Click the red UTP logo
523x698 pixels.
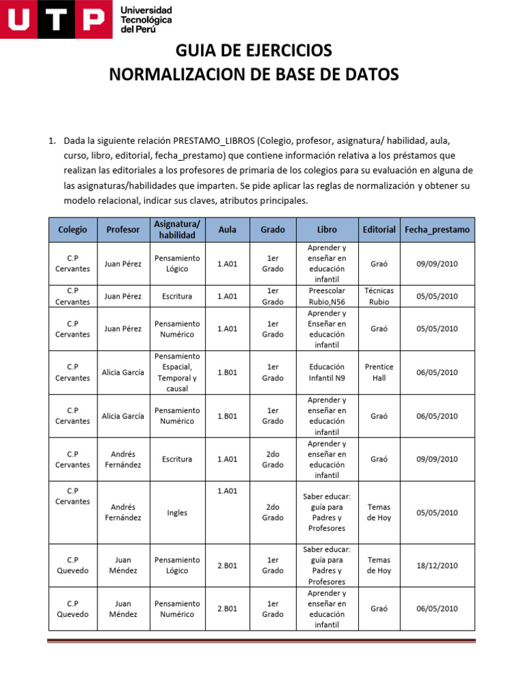point(56,20)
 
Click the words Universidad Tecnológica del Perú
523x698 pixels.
point(146,20)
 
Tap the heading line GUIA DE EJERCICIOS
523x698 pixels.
point(254,50)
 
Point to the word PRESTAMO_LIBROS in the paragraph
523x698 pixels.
point(214,141)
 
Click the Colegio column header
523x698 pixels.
point(73,230)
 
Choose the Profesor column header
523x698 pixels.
point(123,230)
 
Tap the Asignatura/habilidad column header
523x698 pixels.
point(177,230)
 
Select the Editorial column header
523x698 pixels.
point(379,230)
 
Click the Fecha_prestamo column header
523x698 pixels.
point(437,230)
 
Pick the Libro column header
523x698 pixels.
point(326,230)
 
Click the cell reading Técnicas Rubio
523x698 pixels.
point(379,296)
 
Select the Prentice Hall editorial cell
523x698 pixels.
point(379,372)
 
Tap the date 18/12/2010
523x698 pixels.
point(437,565)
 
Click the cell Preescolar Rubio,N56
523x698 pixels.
point(326,296)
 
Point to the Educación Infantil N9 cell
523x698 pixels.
point(326,372)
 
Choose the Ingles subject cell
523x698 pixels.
point(177,513)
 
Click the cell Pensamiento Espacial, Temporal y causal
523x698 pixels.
point(177,372)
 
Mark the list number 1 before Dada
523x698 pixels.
point(51,141)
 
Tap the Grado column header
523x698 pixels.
point(272,230)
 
